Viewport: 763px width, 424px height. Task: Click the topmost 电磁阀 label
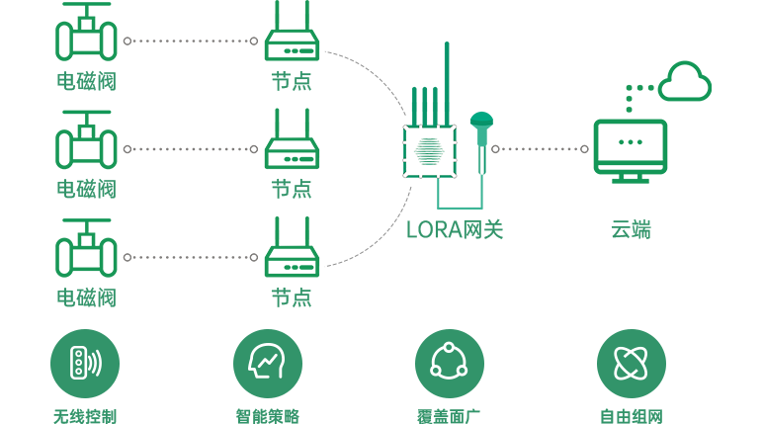[x=87, y=81]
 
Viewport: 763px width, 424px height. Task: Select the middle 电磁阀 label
[x=87, y=188]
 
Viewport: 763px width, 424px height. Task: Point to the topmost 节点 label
[x=292, y=81]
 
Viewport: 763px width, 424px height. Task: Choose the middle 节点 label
[x=292, y=188]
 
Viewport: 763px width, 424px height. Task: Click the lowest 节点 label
[x=292, y=297]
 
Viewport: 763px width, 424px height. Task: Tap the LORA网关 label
[x=457, y=230]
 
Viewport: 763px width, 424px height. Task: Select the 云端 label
[x=633, y=230]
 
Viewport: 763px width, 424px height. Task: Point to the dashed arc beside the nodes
[x=401, y=109]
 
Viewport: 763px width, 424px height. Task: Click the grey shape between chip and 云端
[x=539, y=148]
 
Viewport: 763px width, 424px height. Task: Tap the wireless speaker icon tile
[x=85, y=363]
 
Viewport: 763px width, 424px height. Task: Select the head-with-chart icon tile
[x=267, y=363]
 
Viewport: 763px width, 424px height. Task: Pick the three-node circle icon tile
[x=449, y=363]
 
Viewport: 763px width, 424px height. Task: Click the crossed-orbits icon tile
[x=631, y=363]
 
